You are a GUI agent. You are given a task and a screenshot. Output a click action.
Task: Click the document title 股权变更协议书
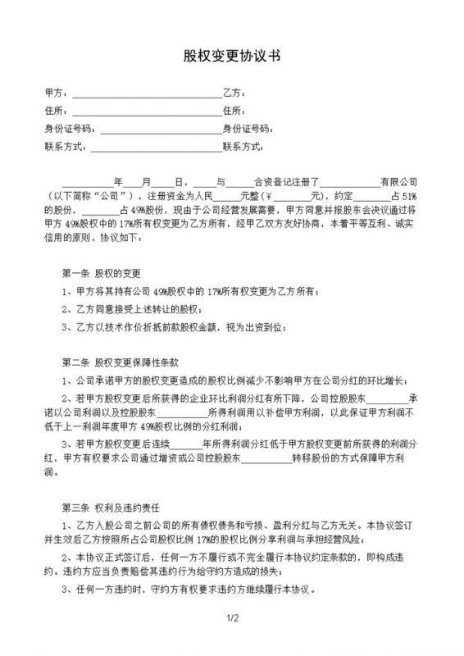(232, 57)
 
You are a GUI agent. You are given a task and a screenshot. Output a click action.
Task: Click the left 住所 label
(55, 110)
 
